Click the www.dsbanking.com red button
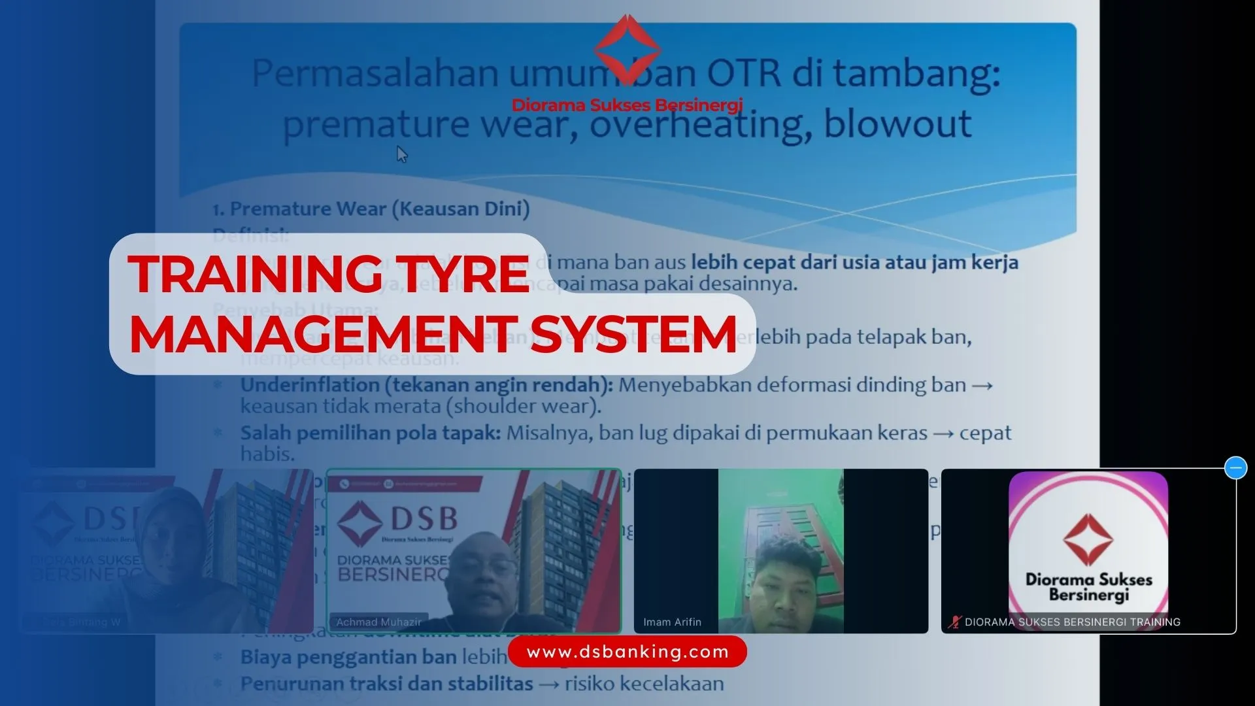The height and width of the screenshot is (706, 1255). pyautogui.click(x=627, y=652)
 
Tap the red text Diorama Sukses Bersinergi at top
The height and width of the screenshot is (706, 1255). pyautogui.click(x=627, y=105)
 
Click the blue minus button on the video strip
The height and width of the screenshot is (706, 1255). pyautogui.click(x=1235, y=468)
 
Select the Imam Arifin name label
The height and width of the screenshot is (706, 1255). pyautogui.click(x=672, y=622)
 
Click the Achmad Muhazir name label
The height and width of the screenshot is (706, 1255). pyautogui.click(x=378, y=622)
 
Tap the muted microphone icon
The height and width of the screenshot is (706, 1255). pyautogui.click(x=954, y=622)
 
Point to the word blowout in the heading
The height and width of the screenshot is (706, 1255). pyautogui.click(x=897, y=124)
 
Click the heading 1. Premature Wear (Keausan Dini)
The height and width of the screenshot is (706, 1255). pyautogui.click(x=371, y=209)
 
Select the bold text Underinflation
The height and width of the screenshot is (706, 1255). pyautogui.click(x=310, y=385)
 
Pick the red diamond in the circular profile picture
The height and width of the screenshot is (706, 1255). pyautogui.click(x=1088, y=539)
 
